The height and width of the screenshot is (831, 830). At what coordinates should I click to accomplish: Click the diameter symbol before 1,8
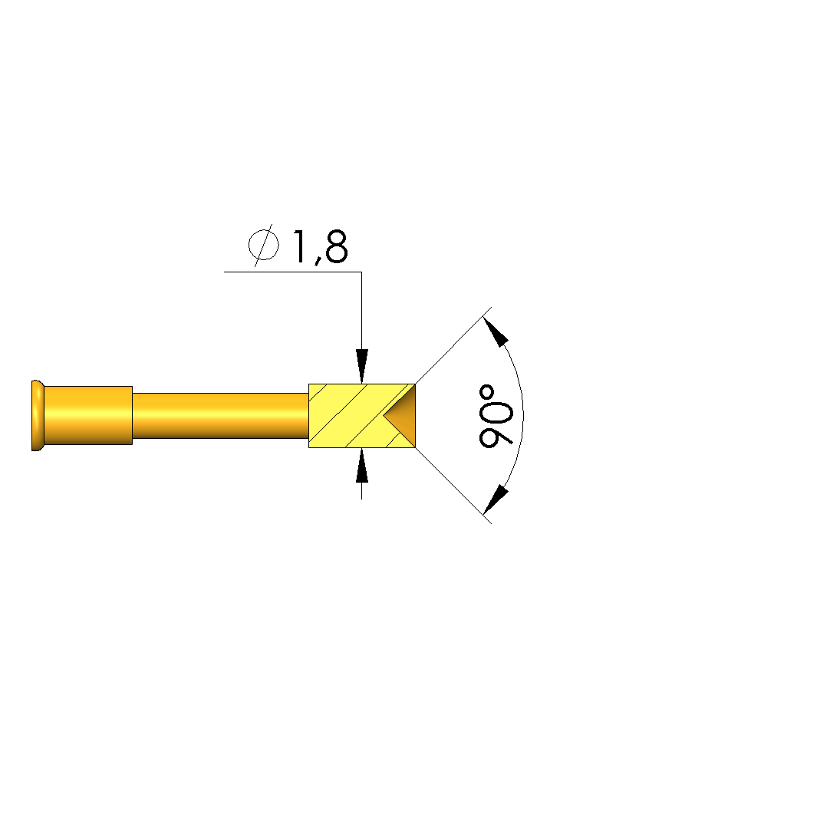click(264, 245)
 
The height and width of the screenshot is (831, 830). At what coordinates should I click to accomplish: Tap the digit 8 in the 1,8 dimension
click(337, 246)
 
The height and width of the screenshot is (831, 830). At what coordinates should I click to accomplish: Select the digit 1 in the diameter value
click(300, 246)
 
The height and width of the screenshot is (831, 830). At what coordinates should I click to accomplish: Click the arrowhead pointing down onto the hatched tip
click(362, 366)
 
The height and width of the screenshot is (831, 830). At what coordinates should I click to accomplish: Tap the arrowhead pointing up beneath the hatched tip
click(362, 465)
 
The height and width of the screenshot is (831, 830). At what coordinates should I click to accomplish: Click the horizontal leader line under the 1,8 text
click(293, 272)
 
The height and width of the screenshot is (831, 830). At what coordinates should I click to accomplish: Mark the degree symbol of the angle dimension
click(486, 391)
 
